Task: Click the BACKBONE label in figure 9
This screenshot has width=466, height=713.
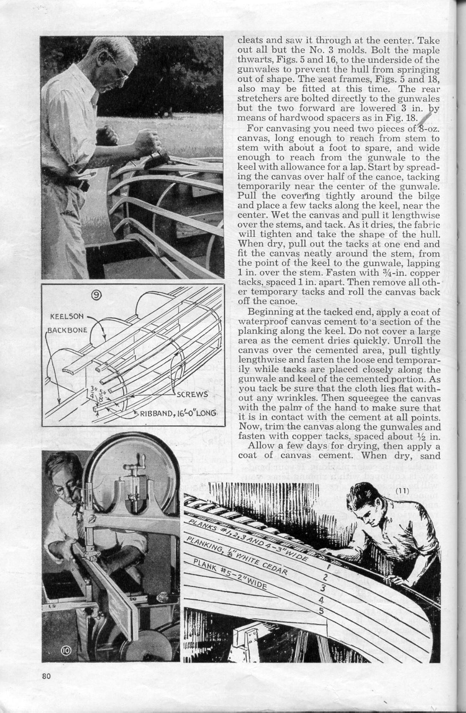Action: [67, 330]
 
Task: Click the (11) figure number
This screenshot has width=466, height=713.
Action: [402, 490]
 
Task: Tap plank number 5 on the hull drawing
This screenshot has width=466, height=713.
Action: [322, 612]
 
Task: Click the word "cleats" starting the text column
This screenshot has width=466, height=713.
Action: [249, 41]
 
